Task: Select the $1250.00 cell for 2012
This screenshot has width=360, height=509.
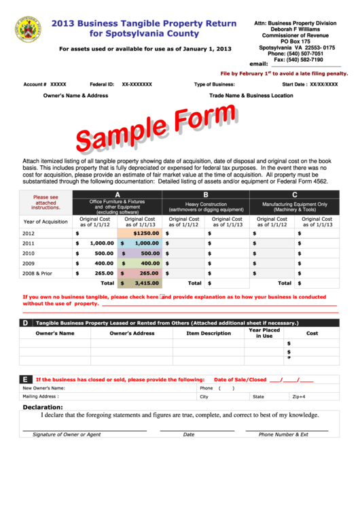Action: (x=140, y=232)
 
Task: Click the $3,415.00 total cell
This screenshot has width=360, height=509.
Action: (x=140, y=283)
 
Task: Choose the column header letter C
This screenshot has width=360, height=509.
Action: (x=294, y=194)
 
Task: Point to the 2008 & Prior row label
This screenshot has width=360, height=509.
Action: (x=37, y=273)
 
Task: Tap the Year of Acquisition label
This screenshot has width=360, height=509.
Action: (x=46, y=222)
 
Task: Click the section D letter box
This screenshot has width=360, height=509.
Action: (x=25, y=323)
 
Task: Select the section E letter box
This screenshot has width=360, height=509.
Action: (x=25, y=379)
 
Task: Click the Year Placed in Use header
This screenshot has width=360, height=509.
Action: (x=264, y=333)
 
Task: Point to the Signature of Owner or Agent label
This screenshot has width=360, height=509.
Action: (x=67, y=434)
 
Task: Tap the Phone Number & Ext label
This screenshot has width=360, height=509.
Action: (x=283, y=434)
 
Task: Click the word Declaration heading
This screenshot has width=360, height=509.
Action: (x=43, y=408)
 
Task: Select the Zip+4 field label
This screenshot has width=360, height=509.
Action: (x=299, y=396)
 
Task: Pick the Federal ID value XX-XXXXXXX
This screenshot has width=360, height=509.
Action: (x=137, y=84)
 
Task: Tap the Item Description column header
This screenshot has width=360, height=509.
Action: (x=209, y=334)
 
